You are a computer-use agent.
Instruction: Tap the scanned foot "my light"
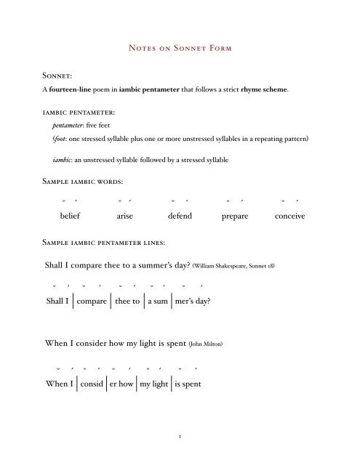pos(153,384)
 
